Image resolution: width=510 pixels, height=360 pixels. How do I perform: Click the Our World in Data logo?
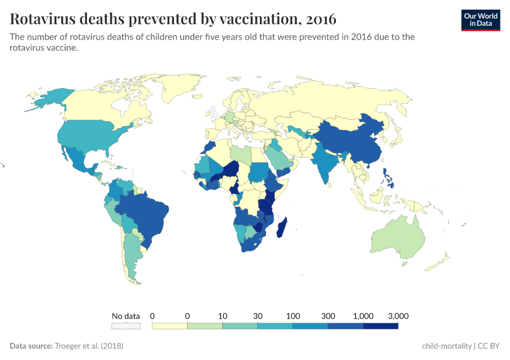pyautogui.click(x=480, y=19)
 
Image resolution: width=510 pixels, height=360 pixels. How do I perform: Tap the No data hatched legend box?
pyautogui.click(x=126, y=326)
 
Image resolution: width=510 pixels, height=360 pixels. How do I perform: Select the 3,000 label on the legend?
pyautogui.click(x=398, y=316)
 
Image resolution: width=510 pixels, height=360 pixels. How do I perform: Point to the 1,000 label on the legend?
pyautogui.click(x=363, y=316)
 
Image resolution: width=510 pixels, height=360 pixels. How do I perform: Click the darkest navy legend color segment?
pyautogui.click(x=380, y=326)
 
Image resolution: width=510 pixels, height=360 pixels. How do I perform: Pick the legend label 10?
pyautogui.click(x=223, y=316)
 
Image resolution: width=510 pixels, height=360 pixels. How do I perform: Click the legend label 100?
pyautogui.click(x=293, y=316)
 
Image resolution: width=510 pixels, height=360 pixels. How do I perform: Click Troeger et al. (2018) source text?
pyautogui.click(x=89, y=346)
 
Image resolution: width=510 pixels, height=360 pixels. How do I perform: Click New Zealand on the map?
pyautogui.click(x=441, y=260)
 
